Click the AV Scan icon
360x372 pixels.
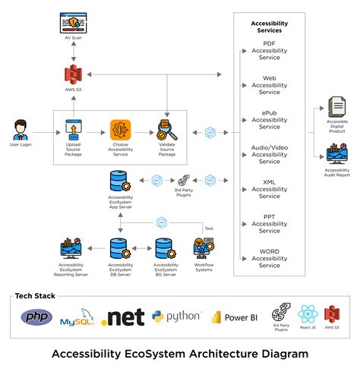tap(74, 24)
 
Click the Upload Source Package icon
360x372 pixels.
tap(74, 128)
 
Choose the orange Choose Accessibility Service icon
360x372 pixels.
tap(120, 129)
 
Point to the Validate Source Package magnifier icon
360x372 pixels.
tap(166, 128)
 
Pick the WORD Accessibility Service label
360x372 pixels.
tap(269, 259)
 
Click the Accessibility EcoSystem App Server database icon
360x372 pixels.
tap(121, 182)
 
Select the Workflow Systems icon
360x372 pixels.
tap(204, 248)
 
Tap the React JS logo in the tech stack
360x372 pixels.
tap(307, 314)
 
